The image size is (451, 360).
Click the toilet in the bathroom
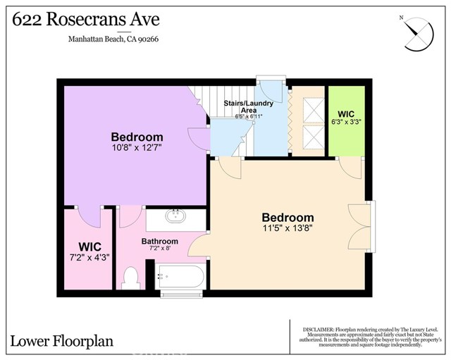(128, 278)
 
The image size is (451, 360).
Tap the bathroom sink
(174, 216)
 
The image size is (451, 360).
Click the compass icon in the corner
(418, 32)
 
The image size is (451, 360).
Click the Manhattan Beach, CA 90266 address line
(123, 40)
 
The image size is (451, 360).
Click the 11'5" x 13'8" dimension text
(288, 229)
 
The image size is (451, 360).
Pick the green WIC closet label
(346, 113)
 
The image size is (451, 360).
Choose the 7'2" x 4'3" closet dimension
(89, 258)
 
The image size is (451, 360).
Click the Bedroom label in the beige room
(288, 217)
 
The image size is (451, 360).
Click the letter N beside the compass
(401, 18)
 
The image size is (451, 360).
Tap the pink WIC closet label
(89, 247)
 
